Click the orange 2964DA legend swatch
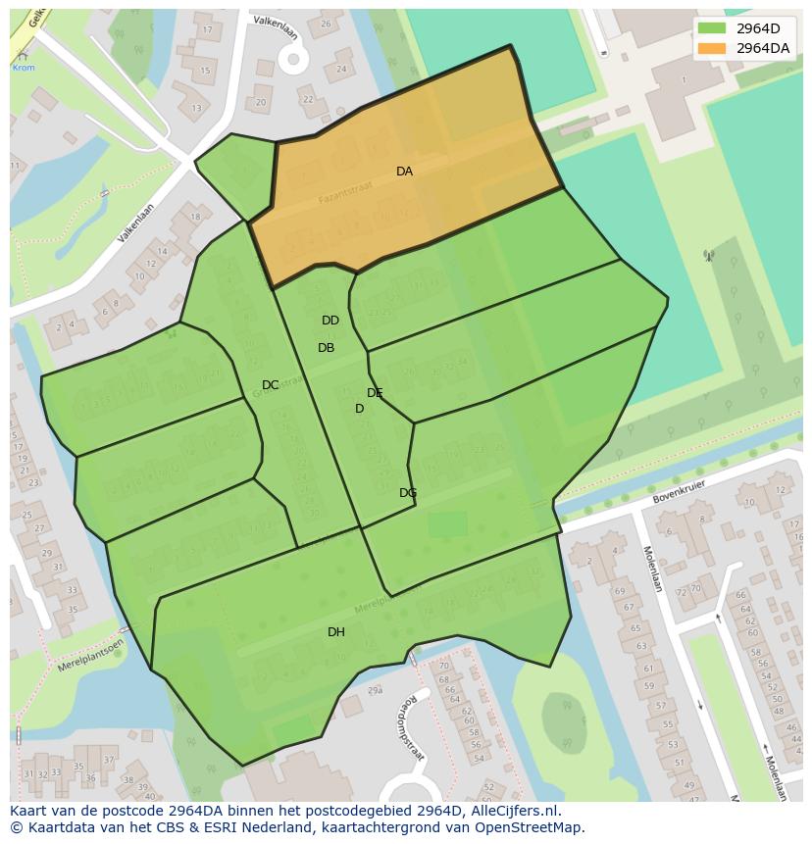712,48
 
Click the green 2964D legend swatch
712,28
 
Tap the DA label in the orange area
404,172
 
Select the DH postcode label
336,632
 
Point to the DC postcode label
271,385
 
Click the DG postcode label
408,493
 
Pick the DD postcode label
330,321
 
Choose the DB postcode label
327,348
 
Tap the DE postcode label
375,393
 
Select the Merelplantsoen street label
91,649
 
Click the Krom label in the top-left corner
23,68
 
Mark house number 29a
374,691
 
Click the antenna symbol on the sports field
708,257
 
